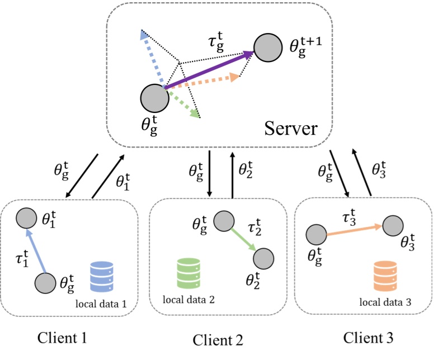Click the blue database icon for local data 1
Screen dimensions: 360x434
102,277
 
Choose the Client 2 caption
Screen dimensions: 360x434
218,339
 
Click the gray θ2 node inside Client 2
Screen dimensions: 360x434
263,258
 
